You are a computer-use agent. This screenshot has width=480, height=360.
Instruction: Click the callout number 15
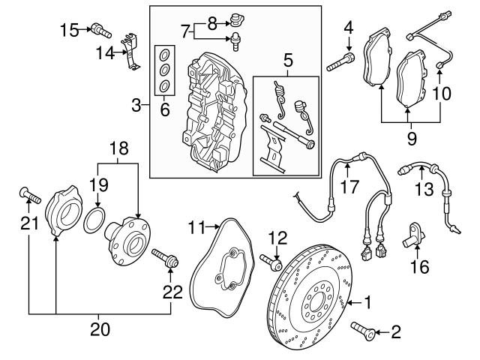point(69,29)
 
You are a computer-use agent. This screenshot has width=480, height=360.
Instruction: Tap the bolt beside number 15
point(100,31)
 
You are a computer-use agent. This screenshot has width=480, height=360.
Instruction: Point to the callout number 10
point(442,94)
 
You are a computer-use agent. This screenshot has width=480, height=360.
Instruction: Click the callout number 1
point(367,302)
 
